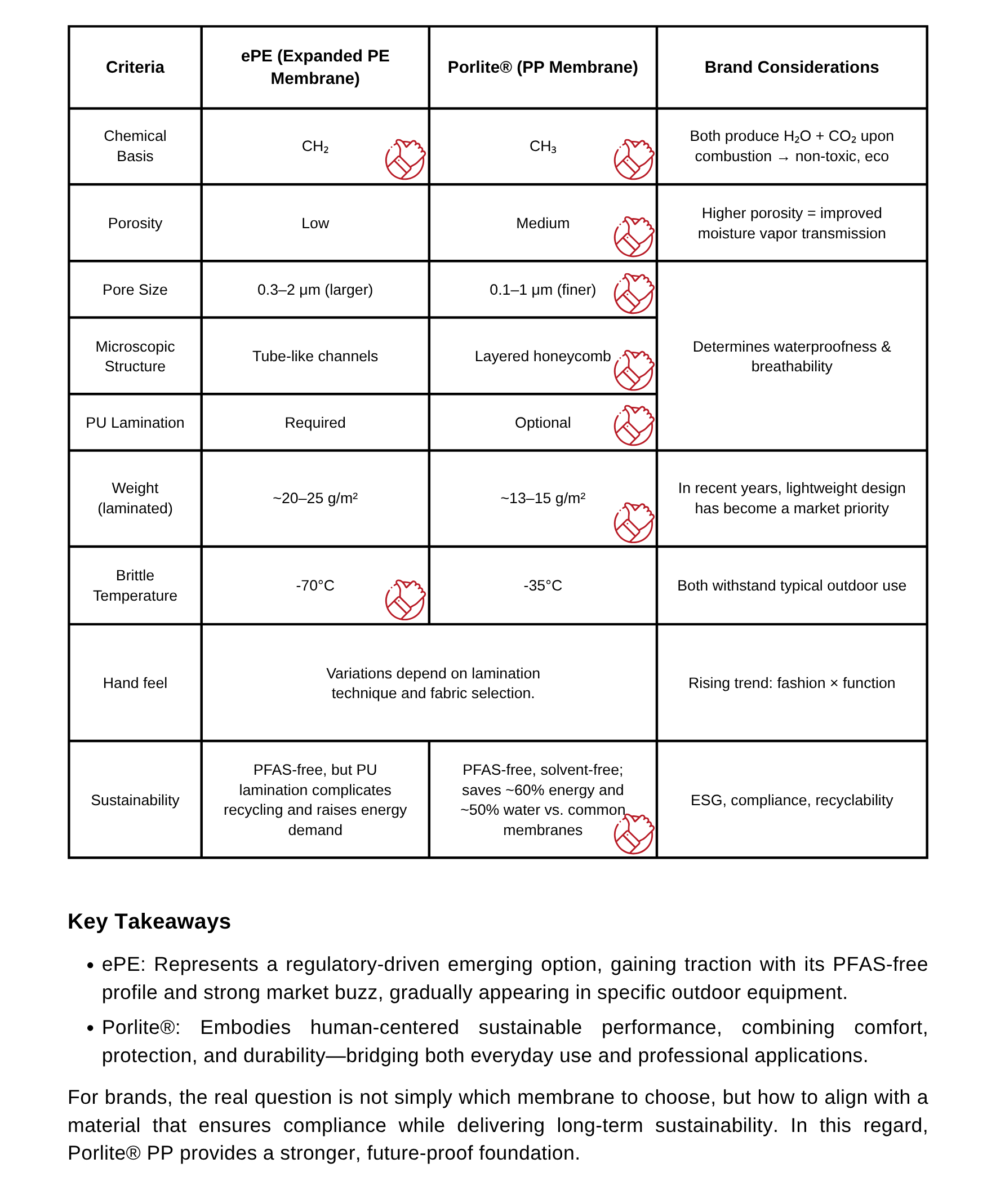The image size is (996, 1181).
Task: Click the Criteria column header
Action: pos(135,67)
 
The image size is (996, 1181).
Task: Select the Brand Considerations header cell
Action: pos(791,67)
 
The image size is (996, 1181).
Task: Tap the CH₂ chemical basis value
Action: pos(315,146)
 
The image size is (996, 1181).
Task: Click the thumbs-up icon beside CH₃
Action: pos(634,159)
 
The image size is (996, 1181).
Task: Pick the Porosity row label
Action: pos(135,223)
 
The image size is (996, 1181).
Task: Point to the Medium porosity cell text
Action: pos(542,223)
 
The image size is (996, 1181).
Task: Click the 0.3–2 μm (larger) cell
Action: pos(315,290)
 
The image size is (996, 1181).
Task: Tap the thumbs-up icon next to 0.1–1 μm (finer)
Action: pos(634,293)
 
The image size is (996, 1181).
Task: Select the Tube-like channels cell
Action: pos(315,357)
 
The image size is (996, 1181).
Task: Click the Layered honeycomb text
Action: pos(542,357)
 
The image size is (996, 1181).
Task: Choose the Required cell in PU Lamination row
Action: pos(315,423)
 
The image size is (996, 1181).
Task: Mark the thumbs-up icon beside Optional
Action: pos(634,425)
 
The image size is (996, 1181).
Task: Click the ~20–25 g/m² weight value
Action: pos(315,498)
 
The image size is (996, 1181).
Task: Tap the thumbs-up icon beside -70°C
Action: pos(405,600)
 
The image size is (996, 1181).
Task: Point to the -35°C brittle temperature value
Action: pos(542,585)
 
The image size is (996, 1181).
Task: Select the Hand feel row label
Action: pos(135,683)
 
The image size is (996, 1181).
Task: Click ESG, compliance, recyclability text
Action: pos(791,800)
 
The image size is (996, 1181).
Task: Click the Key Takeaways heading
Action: pos(149,921)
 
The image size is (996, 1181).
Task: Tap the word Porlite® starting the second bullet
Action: pos(141,1027)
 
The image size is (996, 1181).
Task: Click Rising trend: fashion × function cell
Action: pos(791,683)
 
